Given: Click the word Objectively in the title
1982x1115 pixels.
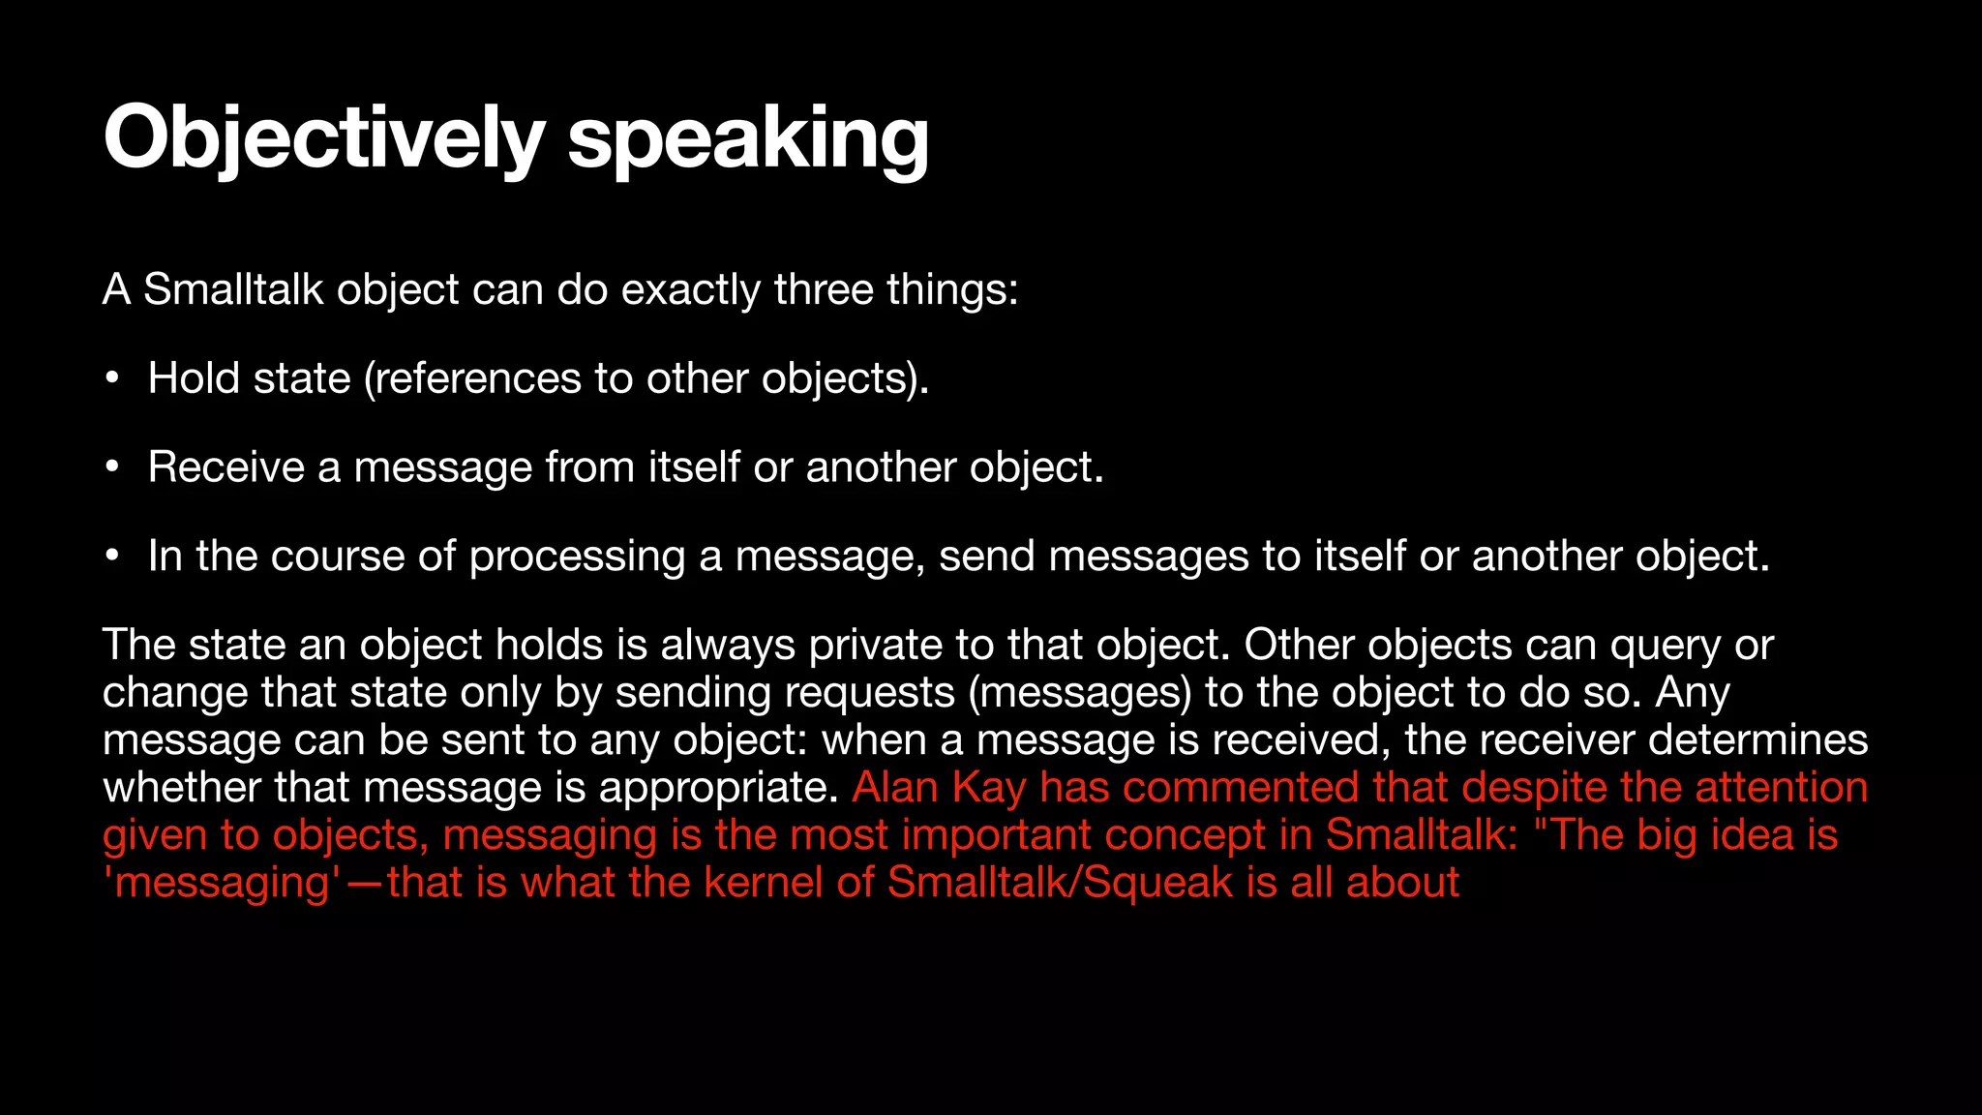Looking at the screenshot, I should [x=323, y=138].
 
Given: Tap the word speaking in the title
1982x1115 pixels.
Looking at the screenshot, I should [x=747, y=138].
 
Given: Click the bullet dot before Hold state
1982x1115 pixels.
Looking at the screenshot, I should [x=113, y=378].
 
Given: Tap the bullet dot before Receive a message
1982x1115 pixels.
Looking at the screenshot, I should [x=113, y=467].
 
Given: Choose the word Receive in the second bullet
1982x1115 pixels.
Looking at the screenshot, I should [x=226, y=467].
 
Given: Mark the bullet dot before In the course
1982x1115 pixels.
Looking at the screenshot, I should [x=113, y=557].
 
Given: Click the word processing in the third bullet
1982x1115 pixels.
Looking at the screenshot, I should [x=577, y=557].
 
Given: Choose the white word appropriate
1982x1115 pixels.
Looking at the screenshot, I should [x=718, y=787].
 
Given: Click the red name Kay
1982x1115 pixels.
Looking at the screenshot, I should [x=988, y=787].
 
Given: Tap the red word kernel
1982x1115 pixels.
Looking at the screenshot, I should [x=763, y=882].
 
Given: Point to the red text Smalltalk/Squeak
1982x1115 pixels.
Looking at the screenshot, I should [x=1060, y=882].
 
